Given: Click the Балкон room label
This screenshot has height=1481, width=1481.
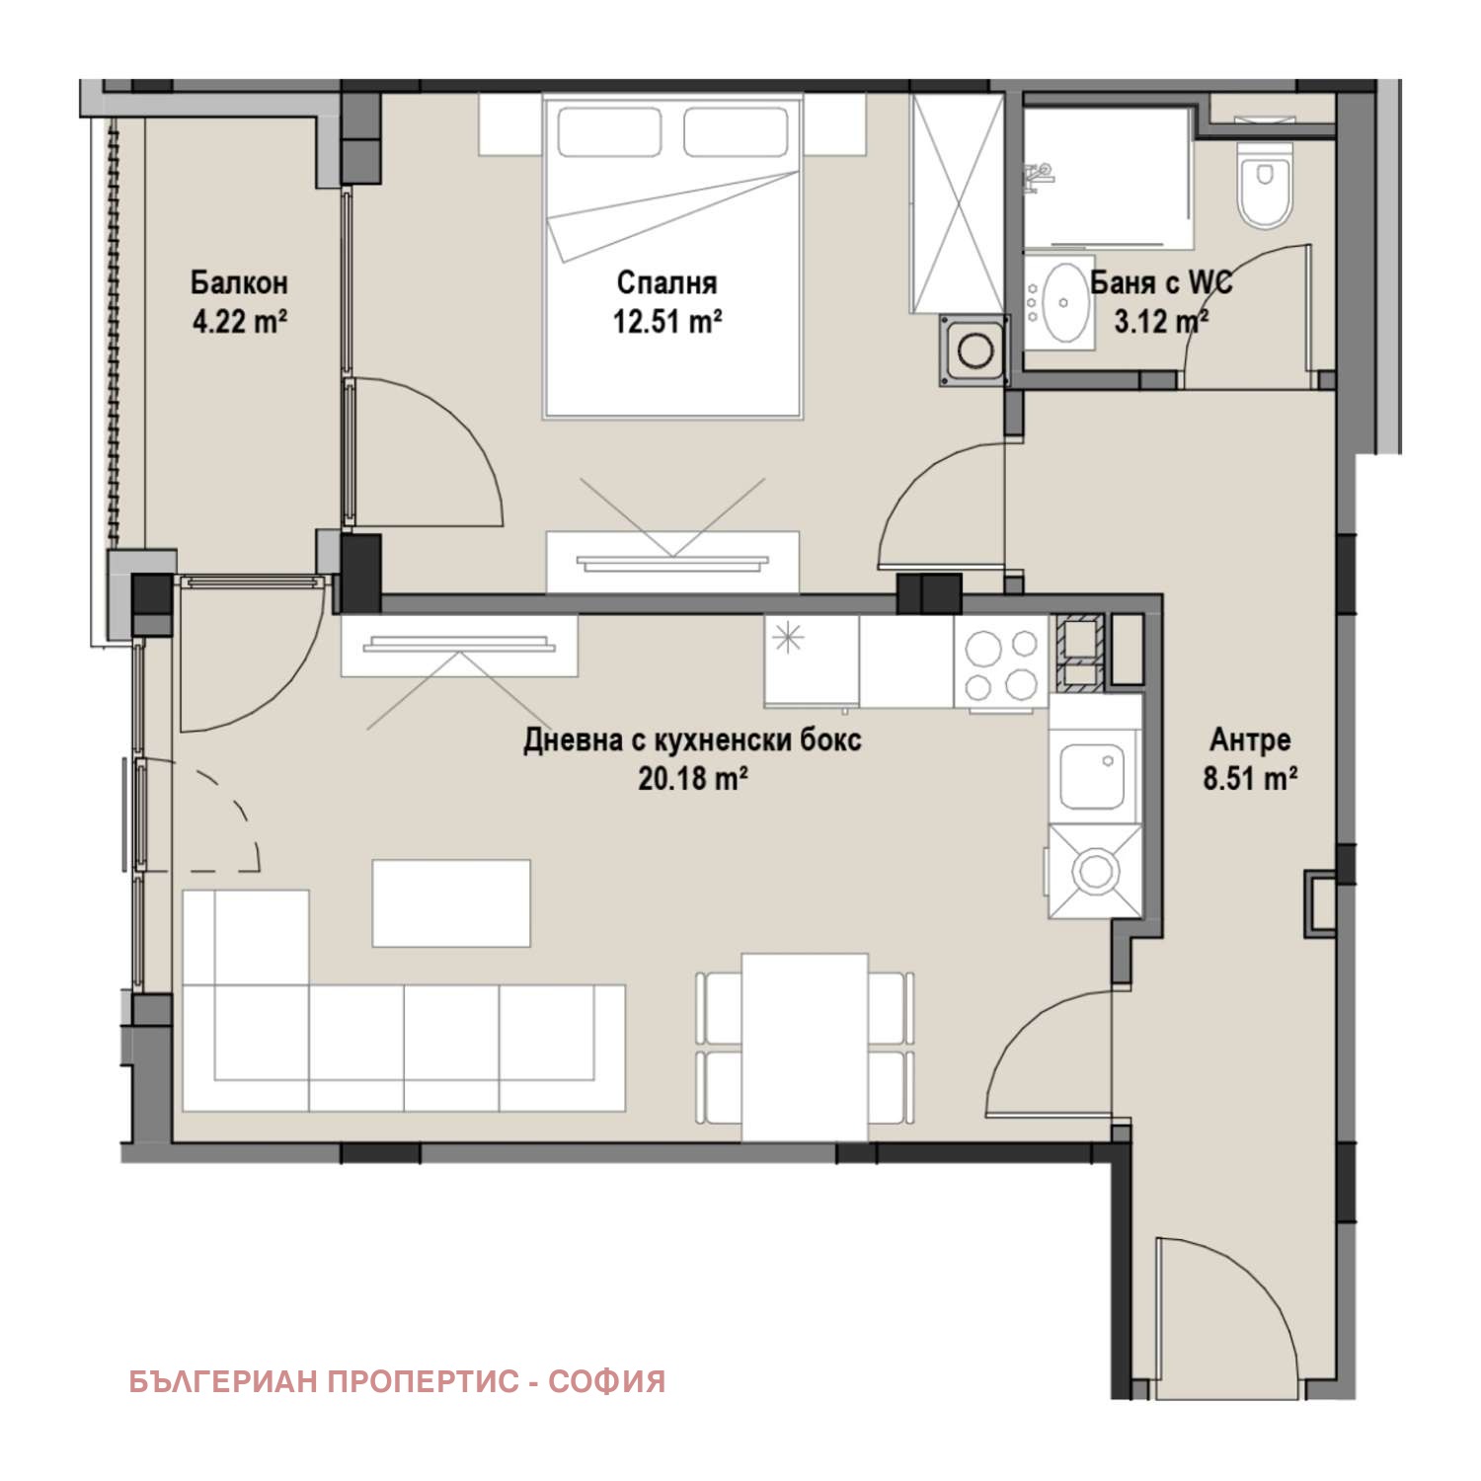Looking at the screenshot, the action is point(240,282).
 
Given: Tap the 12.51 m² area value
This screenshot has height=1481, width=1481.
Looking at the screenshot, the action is point(666,322).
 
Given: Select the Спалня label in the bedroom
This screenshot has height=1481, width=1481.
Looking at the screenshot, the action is point(666,283).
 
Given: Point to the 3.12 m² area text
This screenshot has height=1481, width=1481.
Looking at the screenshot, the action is point(1162,321).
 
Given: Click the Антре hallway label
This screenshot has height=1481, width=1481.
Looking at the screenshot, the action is point(1250,740).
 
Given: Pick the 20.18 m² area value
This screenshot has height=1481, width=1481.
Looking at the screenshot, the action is point(693,779).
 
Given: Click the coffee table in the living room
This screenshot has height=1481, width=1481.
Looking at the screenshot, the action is point(451,902).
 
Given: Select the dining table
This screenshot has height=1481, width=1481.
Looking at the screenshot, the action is point(805,1048).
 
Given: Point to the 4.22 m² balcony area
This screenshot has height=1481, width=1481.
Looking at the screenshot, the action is point(240,322).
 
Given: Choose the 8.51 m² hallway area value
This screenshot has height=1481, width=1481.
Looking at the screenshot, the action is point(1250,779).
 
